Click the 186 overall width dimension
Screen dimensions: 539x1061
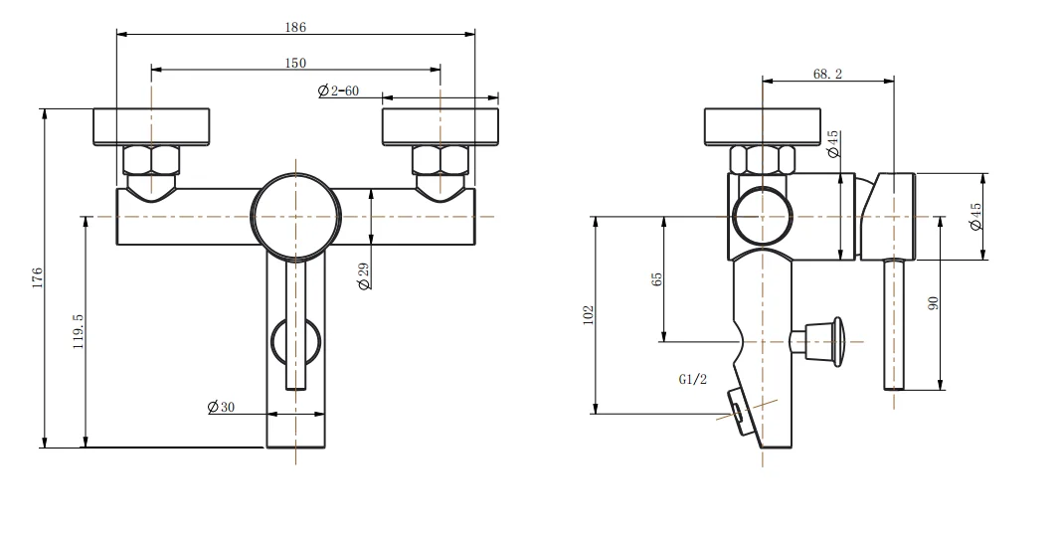tap(295, 27)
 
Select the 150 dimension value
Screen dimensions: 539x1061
tap(295, 63)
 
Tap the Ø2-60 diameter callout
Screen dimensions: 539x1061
tap(338, 90)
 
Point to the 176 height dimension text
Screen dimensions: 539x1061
tap(37, 277)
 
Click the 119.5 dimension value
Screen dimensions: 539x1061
tap(78, 331)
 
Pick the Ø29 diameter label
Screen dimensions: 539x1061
tap(364, 275)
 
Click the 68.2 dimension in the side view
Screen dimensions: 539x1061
tap(827, 74)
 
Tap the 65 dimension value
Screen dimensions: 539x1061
tap(656, 279)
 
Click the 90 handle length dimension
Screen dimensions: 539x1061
tap(933, 302)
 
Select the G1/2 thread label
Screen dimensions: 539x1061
tap(692, 379)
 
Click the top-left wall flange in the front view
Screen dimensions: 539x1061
tap(151, 126)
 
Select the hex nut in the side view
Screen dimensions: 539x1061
tap(762, 159)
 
